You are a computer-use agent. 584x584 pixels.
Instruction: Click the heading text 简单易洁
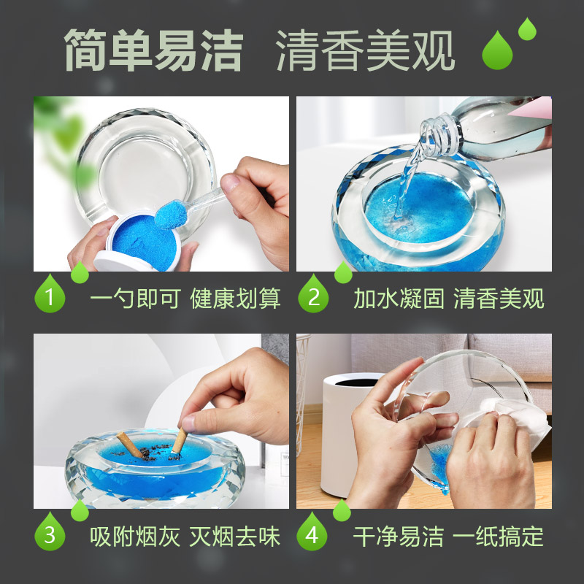coord(153,50)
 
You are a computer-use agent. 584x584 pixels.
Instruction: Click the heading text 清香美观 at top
coord(365,50)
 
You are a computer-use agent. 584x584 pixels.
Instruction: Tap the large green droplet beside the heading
coord(497,53)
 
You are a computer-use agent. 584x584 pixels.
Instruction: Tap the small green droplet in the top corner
coord(527,29)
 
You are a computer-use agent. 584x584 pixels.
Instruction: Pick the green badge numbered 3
coord(50,535)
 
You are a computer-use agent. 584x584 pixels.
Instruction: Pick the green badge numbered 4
coord(313,535)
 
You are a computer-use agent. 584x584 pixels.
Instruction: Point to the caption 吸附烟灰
coord(134,537)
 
